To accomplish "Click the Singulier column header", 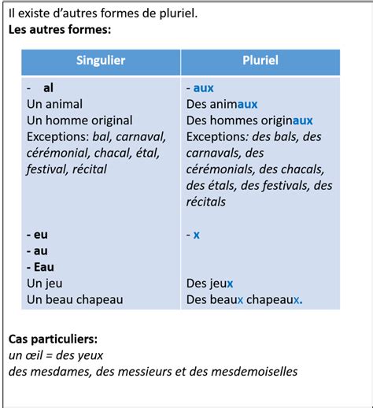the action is coord(101,61).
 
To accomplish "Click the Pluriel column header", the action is coord(260,61).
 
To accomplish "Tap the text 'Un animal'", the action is coord(54,104).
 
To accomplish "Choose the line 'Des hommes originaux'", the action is coord(249,121).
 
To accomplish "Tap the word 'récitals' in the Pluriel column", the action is coord(206,202).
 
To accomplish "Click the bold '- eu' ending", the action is coord(36,234).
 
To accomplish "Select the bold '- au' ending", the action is coord(36,250).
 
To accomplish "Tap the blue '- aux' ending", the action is coord(201,88).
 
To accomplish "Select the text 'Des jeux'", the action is coord(210,283).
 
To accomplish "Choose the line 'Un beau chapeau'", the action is coord(75,299).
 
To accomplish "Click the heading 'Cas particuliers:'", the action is coord(54,339).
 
